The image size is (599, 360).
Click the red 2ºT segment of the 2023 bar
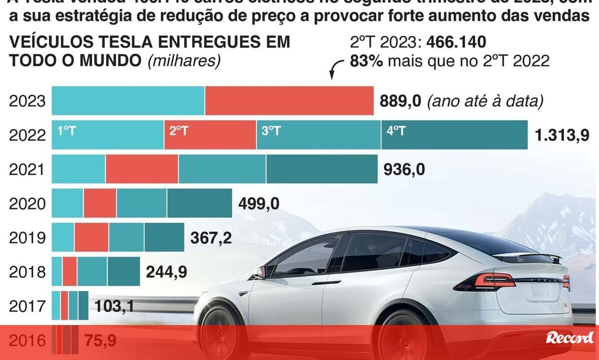289,101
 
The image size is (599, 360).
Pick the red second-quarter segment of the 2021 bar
142,169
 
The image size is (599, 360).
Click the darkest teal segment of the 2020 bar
199,203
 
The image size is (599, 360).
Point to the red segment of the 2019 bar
91,237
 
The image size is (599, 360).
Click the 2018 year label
27,272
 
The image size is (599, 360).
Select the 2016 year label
27,341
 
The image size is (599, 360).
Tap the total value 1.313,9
562,135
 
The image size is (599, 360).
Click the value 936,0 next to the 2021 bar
404,170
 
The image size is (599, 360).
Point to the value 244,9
166,272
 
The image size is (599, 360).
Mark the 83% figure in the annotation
366,61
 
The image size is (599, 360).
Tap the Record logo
570,338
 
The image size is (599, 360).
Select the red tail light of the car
494,281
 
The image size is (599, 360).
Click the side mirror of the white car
261,272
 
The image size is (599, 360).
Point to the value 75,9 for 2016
100,341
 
